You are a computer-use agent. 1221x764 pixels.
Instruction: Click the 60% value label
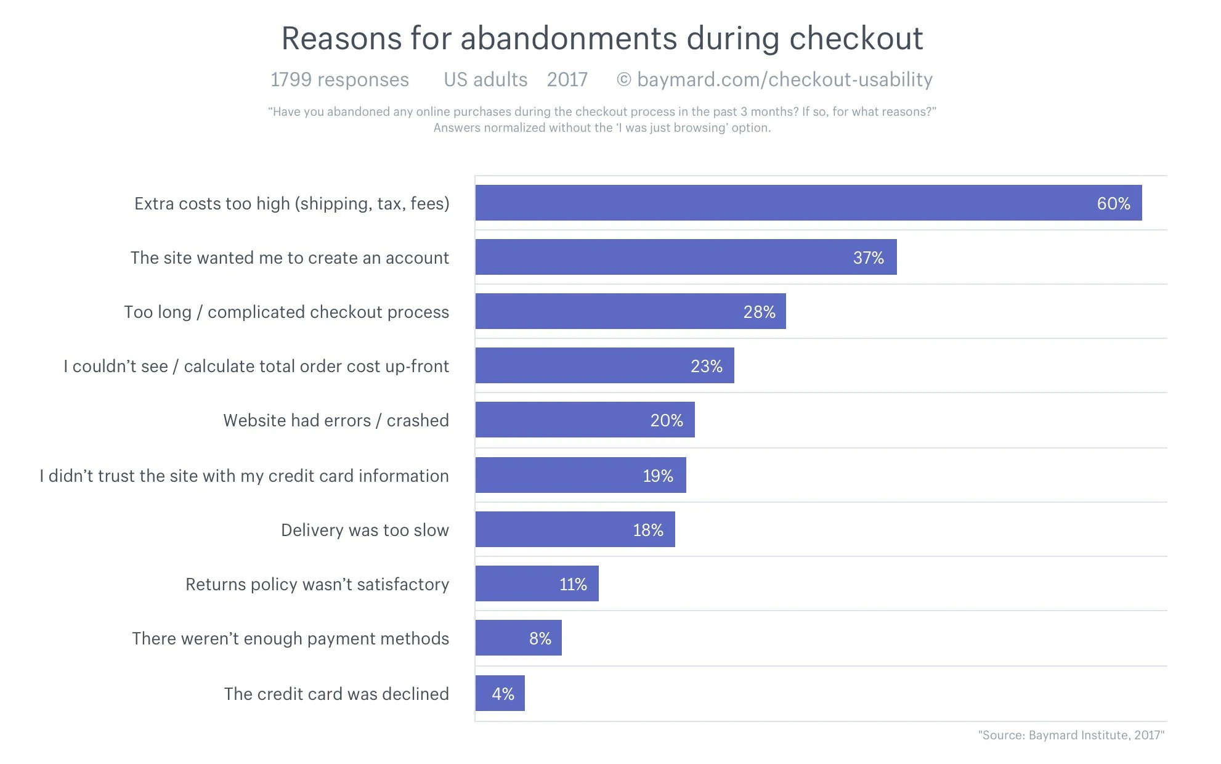coord(1113,204)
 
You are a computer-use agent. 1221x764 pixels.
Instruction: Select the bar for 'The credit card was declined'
coord(500,693)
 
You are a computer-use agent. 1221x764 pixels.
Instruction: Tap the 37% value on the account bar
coord(868,258)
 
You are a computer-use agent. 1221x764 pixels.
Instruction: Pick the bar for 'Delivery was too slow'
coord(575,529)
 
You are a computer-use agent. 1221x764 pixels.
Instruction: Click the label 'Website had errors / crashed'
coord(336,421)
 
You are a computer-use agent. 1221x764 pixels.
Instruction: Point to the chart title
coord(602,38)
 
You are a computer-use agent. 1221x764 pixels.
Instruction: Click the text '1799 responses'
coord(339,80)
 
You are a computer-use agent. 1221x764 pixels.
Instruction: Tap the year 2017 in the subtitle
coord(567,80)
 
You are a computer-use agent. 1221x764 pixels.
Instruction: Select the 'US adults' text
coord(485,80)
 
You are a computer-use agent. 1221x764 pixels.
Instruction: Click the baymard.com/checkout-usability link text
coord(784,80)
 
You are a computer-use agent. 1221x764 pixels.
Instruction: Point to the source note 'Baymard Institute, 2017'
coord(1071,735)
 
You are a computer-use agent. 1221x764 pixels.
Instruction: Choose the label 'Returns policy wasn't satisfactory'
coord(317,585)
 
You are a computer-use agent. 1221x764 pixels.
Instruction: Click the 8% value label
coord(540,639)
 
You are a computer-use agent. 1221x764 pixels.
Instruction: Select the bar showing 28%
coord(630,311)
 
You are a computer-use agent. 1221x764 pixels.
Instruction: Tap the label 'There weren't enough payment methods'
coord(290,639)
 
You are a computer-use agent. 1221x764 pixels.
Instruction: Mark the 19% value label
coord(657,476)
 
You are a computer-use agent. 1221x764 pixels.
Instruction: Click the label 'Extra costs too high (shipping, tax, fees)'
coord(291,204)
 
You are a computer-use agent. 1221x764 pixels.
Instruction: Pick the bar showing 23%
coord(604,365)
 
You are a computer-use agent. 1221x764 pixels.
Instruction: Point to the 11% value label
coord(572,585)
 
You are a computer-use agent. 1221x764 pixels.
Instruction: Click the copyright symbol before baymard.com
coord(623,80)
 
